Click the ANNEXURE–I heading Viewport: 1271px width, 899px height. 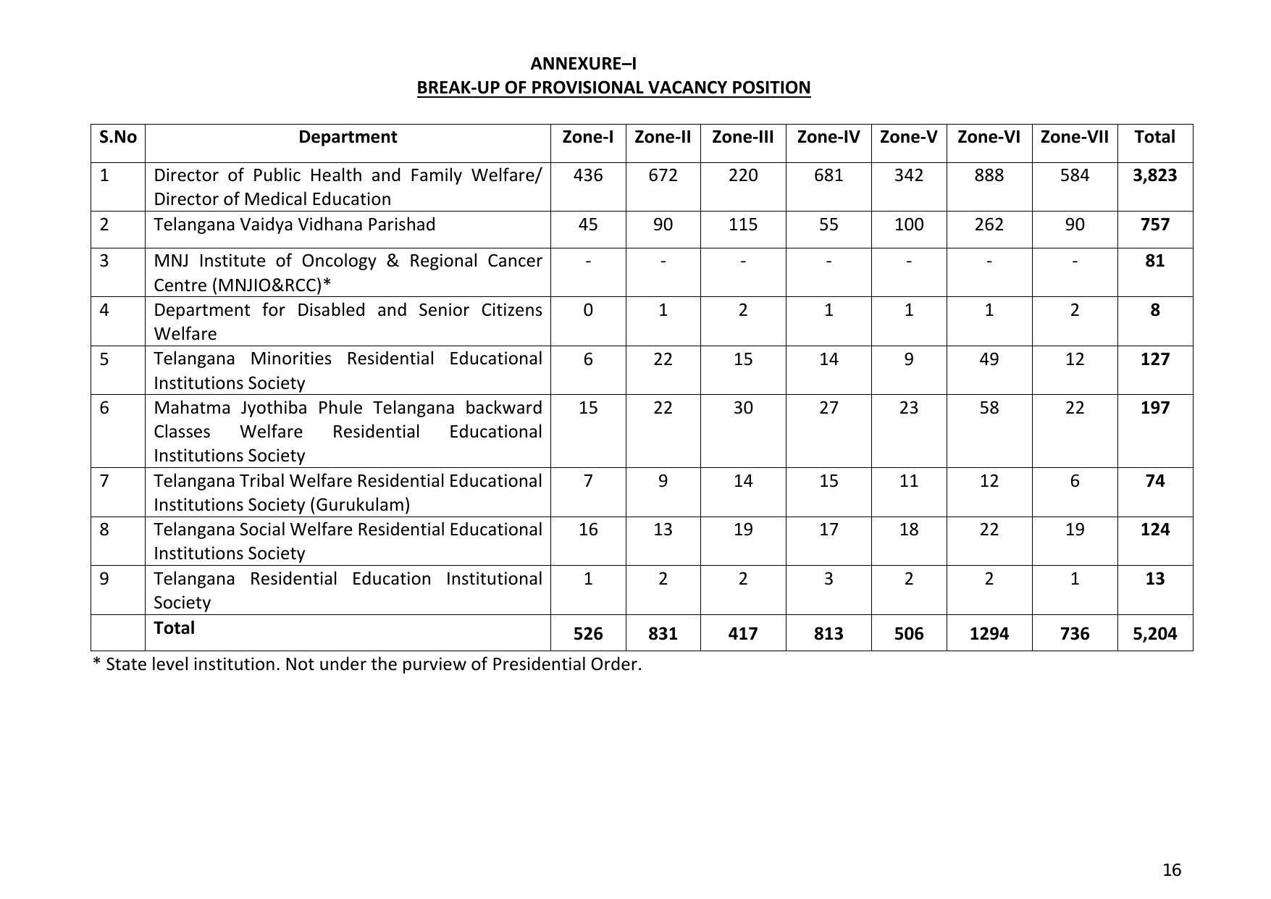point(583,64)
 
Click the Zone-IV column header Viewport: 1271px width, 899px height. point(828,137)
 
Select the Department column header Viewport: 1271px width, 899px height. point(348,137)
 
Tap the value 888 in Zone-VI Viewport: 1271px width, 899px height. point(989,175)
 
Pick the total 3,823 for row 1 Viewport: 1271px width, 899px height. point(1154,175)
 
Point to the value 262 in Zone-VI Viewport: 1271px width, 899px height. point(989,225)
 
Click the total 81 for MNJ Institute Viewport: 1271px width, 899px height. point(1154,261)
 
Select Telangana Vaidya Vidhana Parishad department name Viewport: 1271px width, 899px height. point(294,225)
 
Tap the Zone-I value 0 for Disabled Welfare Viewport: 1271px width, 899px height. point(587,310)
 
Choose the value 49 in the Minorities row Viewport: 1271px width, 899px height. point(989,359)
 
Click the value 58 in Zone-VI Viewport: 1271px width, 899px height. point(989,408)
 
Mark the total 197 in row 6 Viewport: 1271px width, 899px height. point(1154,408)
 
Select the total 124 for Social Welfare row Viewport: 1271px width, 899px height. point(1154,530)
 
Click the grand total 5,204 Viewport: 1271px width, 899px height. point(1154,634)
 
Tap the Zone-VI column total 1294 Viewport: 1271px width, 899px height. point(989,634)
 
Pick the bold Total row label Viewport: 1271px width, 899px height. point(174,628)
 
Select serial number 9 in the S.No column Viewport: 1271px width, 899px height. point(104,579)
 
